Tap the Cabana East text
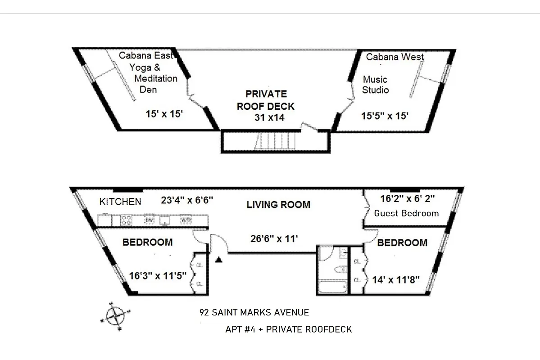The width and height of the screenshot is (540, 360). coord(145,55)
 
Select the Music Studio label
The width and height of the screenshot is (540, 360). coord(376,85)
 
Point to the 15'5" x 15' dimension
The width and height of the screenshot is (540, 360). coord(385,116)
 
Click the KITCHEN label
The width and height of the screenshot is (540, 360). coord(120,202)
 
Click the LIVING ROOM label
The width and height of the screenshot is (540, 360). coord(278,205)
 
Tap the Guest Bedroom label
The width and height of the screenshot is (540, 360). coord(406,213)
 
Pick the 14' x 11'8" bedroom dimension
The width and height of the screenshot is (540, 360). coord(396,279)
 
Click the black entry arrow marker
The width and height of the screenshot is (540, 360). coord(219,260)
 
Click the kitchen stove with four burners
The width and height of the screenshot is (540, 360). coord(127,220)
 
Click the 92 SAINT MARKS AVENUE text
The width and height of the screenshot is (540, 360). coord(254,312)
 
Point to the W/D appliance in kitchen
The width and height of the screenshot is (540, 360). coord(186,220)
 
